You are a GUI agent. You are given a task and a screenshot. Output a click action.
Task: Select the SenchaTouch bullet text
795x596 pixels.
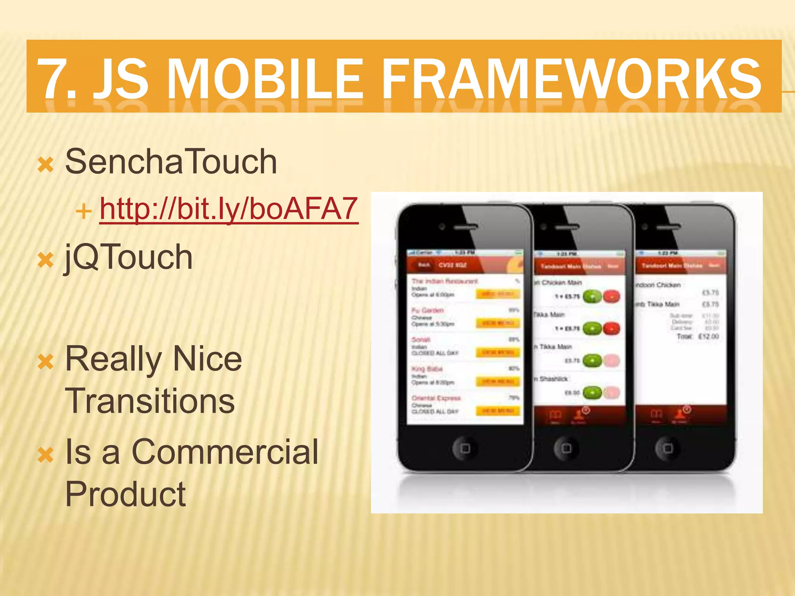point(171,162)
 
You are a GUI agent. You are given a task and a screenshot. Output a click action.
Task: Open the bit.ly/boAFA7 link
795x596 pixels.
point(229,209)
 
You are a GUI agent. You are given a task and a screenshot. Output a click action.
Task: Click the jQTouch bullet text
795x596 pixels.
point(128,257)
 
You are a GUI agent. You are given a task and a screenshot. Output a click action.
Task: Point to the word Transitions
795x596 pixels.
point(150,401)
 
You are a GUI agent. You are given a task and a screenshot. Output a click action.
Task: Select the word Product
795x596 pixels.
point(125,494)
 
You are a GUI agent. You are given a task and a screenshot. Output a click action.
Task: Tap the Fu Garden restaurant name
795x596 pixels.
point(427,310)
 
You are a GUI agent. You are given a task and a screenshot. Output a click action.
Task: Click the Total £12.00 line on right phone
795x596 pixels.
point(698,336)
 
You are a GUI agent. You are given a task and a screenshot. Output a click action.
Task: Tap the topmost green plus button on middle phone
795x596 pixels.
point(592,297)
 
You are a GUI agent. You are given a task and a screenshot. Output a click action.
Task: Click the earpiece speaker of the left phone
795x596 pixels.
point(465,227)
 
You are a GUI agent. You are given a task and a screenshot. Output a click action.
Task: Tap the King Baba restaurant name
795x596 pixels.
point(427,369)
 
